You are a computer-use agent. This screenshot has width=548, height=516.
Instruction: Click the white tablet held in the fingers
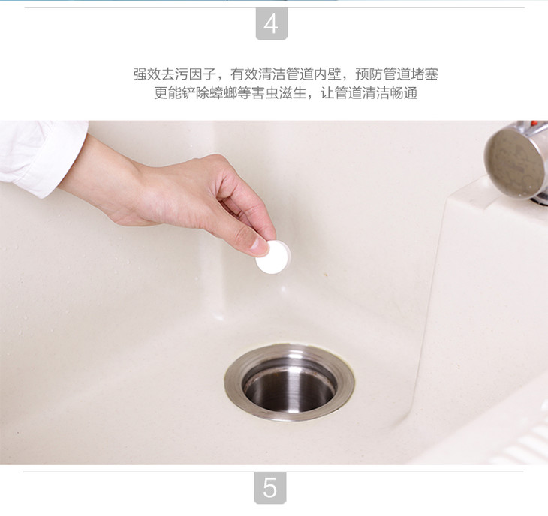pyautogui.click(x=273, y=257)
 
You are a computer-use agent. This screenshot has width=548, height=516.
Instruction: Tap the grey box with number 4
pyautogui.click(x=272, y=24)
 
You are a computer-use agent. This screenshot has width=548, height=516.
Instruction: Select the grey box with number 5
pyautogui.click(x=269, y=487)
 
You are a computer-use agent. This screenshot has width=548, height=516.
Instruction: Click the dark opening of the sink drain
pyautogui.click(x=289, y=388)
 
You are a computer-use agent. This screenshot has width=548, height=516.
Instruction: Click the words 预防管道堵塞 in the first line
pyautogui.click(x=396, y=74)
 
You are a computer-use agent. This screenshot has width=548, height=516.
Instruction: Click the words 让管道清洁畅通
pyautogui.click(x=369, y=94)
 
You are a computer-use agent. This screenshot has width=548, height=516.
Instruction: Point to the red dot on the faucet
pyautogui.click(x=534, y=123)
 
